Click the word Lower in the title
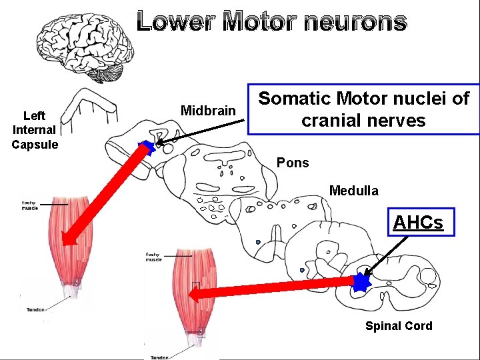[175, 21]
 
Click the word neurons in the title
[354, 21]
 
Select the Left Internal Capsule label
[35, 130]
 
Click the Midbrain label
[208, 111]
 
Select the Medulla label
[353, 191]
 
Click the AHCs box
[417, 222]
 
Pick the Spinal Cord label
[398, 326]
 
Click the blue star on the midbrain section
[147, 148]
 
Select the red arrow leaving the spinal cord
[273, 289]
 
